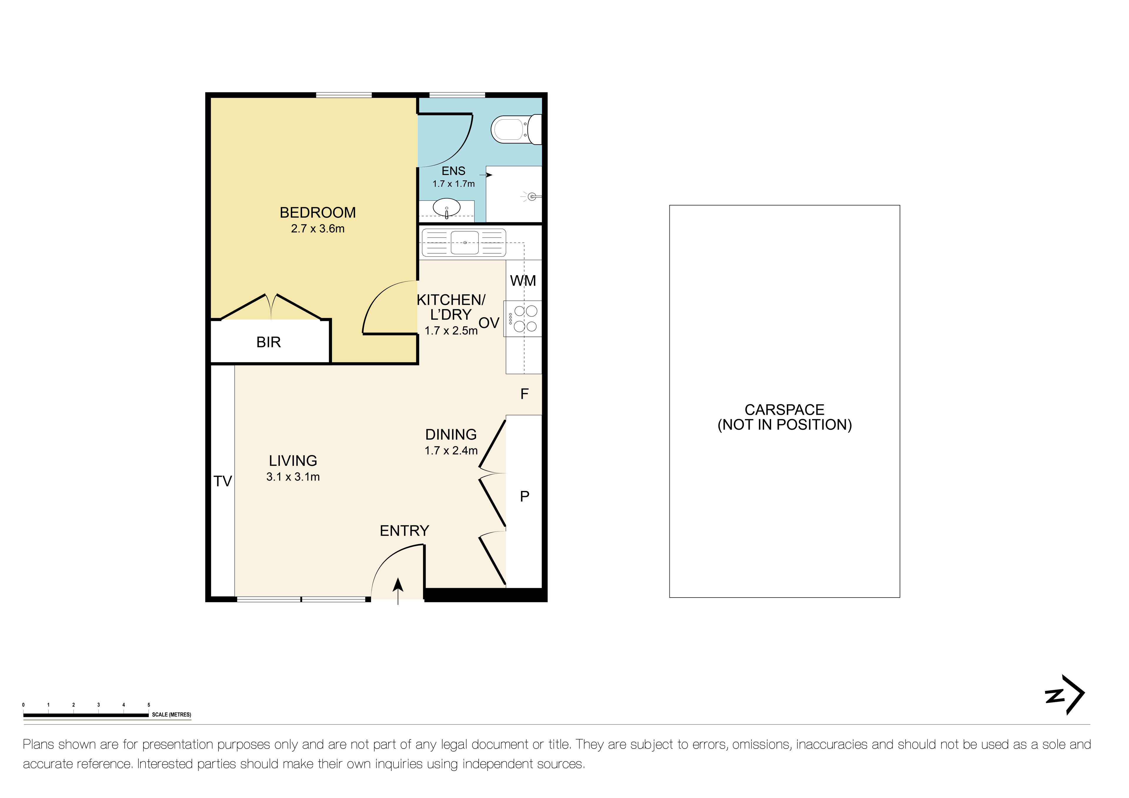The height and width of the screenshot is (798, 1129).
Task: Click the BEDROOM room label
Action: tap(318, 213)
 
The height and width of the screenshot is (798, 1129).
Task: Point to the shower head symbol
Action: tap(532, 197)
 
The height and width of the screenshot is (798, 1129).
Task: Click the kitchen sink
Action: tap(464, 242)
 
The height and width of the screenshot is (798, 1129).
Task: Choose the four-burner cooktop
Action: tap(525, 319)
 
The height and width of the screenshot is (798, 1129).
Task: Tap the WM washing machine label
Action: tap(523, 281)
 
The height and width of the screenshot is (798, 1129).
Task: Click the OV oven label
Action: tap(489, 323)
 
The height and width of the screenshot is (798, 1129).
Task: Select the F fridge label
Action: tap(524, 394)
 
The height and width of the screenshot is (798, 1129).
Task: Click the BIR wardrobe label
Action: tap(268, 342)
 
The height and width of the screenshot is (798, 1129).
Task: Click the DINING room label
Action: tap(451, 435)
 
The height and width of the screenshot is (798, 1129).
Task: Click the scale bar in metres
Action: tap(86, 715)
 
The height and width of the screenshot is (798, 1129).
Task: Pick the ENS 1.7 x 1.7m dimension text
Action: tap(453, 184)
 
